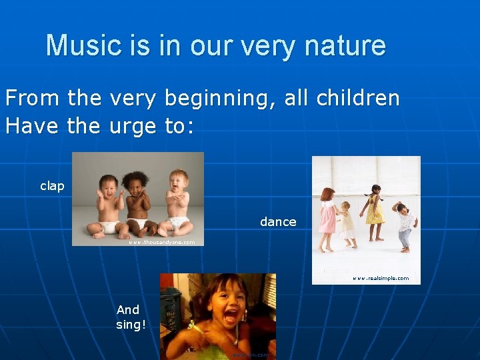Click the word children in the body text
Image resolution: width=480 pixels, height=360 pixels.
click(x=357, y=99)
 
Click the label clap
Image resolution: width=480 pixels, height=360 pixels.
click(x=52, y=186)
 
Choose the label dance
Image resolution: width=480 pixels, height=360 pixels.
click(x=278, y=222)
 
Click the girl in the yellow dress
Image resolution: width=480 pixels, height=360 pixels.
click(x=375, y=212)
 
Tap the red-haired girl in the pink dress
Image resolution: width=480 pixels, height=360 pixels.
click(x=327, y=217)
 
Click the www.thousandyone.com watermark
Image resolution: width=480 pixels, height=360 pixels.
click(x=161, y=242)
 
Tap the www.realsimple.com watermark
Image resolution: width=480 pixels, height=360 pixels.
click(x=381, y=278)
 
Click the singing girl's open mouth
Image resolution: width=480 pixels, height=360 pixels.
click(x=230, y=317)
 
